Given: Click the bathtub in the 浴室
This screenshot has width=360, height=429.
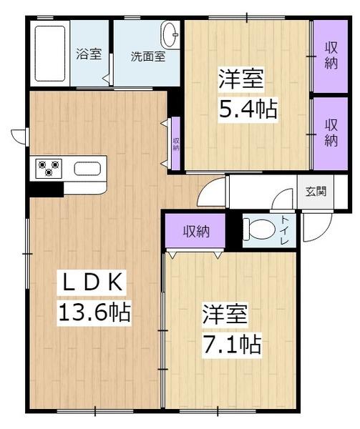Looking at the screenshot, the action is (x=50, y=54).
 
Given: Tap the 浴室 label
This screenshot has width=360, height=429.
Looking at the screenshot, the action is (x=89, y=54).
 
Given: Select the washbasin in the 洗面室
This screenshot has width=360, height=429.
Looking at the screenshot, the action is (x=171, y=35).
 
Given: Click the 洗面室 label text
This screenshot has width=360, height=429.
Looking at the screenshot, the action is (x=148, y=56).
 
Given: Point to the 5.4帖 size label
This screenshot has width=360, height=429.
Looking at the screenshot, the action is (x=248, y=109).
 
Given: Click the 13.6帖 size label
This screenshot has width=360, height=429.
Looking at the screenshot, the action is (x=94, y=312).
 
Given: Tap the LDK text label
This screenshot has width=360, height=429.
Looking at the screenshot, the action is (x=92, y=282).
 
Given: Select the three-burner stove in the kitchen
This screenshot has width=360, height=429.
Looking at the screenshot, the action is (x=49, y=168).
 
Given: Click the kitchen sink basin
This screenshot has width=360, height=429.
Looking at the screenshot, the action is (x=87, y=169).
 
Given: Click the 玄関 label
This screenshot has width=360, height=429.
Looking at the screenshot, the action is (x=316, y=191).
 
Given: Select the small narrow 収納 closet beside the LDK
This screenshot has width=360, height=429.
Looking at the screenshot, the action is (x=176, y=143).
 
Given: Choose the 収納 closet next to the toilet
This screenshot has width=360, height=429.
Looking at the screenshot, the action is (x=196, y=232).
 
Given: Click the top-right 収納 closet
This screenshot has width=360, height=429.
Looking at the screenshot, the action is (x=331, y=56).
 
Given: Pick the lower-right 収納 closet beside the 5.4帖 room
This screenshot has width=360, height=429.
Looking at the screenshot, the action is (x=331, y=133).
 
